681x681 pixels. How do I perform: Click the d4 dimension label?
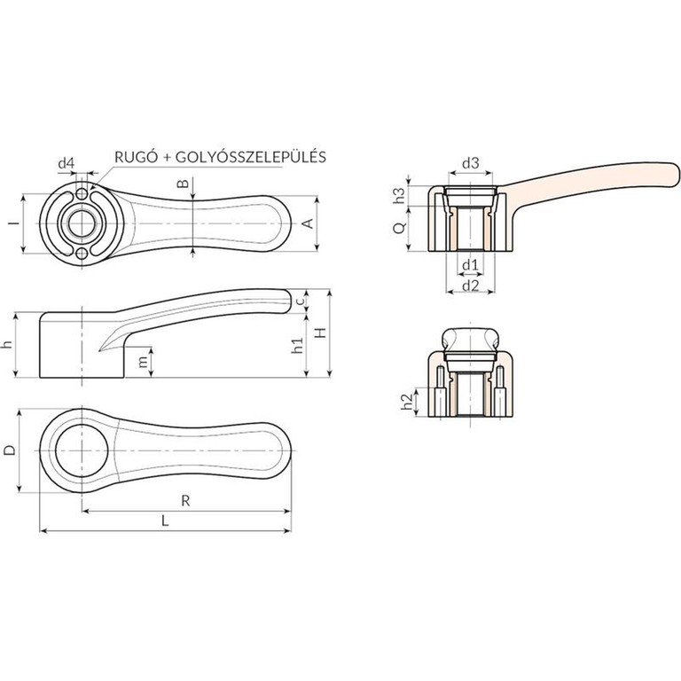(67, 164)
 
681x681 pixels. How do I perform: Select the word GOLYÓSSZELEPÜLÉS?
(251, 156)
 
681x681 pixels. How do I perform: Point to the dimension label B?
(184, 184)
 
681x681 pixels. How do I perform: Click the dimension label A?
(308, 223)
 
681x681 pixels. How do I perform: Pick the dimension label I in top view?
(15, 223)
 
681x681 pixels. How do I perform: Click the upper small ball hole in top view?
(82, 193)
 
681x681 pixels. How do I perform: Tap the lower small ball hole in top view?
(82, 254)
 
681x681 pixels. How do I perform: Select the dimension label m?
(143, 362)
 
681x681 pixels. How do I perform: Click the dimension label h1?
(297, 346)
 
